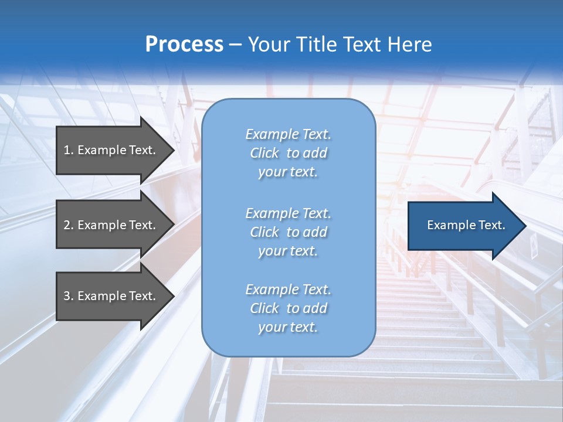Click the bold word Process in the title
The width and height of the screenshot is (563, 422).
click(x=184, y=44)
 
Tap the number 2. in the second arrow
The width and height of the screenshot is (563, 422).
click(x=69, y=225)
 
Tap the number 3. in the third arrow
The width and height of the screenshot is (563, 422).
click(x=69, y=296)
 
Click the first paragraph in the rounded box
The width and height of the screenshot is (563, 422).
click(x=288, y=153)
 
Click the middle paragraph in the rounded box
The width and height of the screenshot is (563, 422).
click(x=288, y=232)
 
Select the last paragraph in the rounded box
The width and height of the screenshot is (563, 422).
click(x=288, y=308)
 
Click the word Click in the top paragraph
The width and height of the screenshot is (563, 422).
click(x=264, y=153)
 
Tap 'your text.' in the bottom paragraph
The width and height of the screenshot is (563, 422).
click(x=288, y=327)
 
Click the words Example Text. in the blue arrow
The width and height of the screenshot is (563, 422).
click(x=466, y=225)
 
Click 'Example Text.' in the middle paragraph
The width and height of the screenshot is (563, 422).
click(x=288, y=213)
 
